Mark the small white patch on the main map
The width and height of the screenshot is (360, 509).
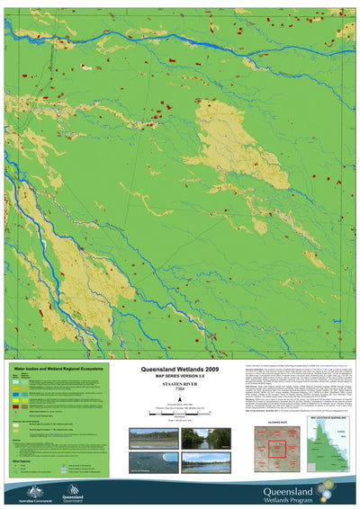click(85, 67)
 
